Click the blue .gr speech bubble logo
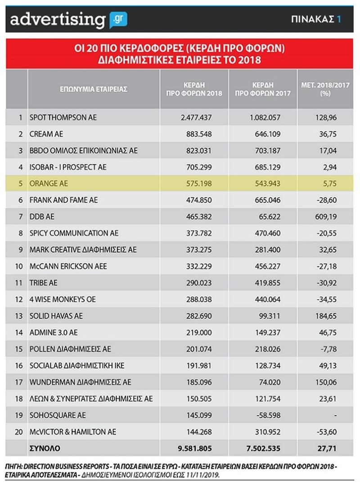tap(119, 19)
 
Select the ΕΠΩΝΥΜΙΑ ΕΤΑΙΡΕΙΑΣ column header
tap(94, 89)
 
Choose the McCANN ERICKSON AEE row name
tap(67, 266)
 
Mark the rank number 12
tap(19, 299)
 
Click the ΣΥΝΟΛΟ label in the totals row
tap(44, 448)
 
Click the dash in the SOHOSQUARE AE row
tap(335, 415)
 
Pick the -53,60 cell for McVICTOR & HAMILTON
tap(327, 431)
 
